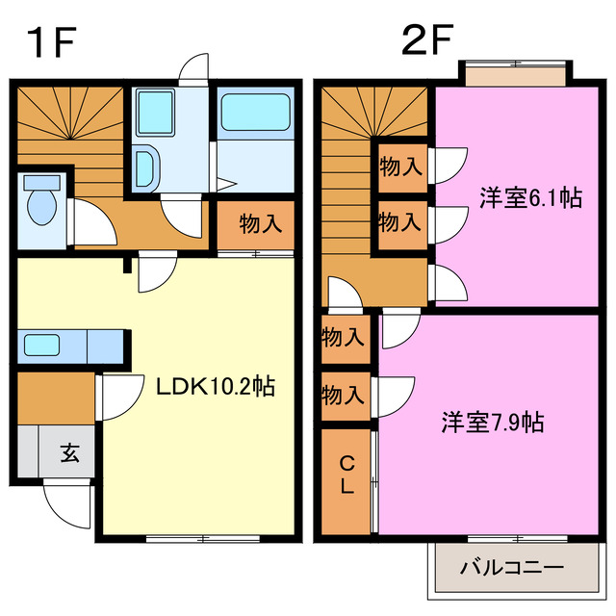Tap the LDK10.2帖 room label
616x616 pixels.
(x=217, y=387)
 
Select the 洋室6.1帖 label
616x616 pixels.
(x=530, y=198)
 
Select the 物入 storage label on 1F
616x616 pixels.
(x=260, y=224)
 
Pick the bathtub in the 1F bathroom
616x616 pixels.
(x=255, y=113)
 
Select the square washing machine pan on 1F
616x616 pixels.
(x=153, y=112)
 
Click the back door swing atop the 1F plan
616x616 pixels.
(x=193, y=69)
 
